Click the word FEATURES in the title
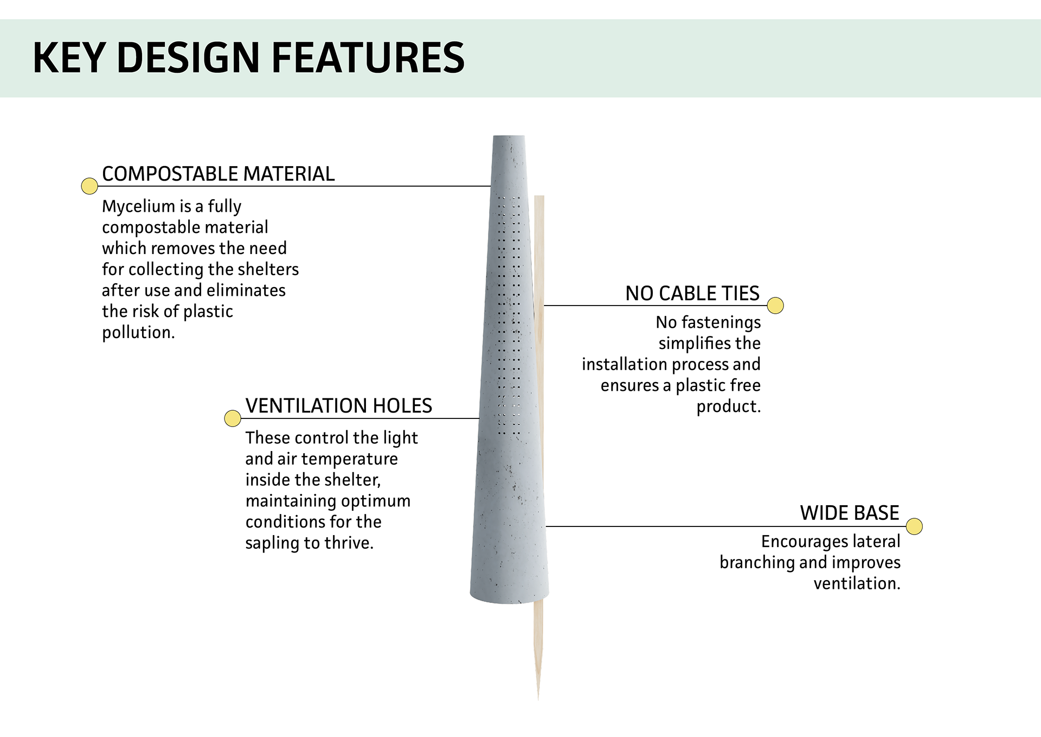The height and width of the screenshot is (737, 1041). click(368, 58)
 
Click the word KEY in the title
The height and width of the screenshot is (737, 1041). click(69, 58)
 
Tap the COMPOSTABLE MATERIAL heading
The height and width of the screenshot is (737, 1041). click(219, 174)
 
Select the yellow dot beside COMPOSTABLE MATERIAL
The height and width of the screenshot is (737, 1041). click(89, 186)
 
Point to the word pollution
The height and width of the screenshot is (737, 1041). click(138, 333)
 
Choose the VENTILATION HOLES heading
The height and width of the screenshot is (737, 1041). click(339, 406)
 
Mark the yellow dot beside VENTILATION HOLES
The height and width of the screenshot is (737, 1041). click(233, 418)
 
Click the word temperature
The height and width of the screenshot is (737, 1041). click(350, 459)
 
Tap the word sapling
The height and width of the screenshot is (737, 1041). click(272, 543)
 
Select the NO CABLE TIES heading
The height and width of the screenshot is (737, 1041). click(692, 294)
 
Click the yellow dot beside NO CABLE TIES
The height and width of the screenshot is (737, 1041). click(776, 306)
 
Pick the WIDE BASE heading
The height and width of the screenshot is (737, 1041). click(850, 513)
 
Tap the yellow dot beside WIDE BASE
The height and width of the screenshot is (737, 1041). click(915, 526)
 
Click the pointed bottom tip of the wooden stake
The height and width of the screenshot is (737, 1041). click(538, 699)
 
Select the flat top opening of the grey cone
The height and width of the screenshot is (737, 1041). click(509, 136)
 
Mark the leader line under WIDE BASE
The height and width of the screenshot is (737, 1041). click(726, 526)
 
